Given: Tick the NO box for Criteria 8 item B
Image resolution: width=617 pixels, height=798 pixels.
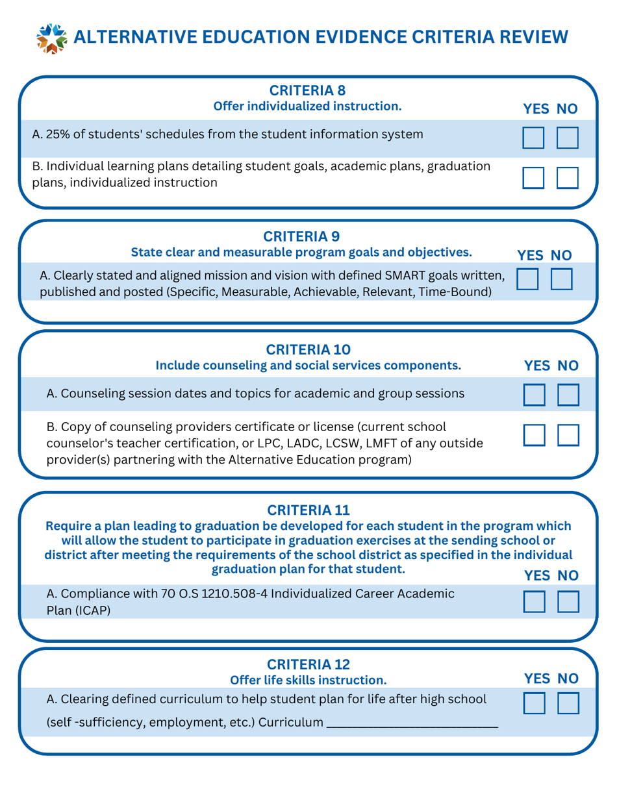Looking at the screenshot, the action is [x=567, y=177].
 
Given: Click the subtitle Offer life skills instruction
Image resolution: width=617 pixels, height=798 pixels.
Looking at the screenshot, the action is [x=308, y=680].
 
